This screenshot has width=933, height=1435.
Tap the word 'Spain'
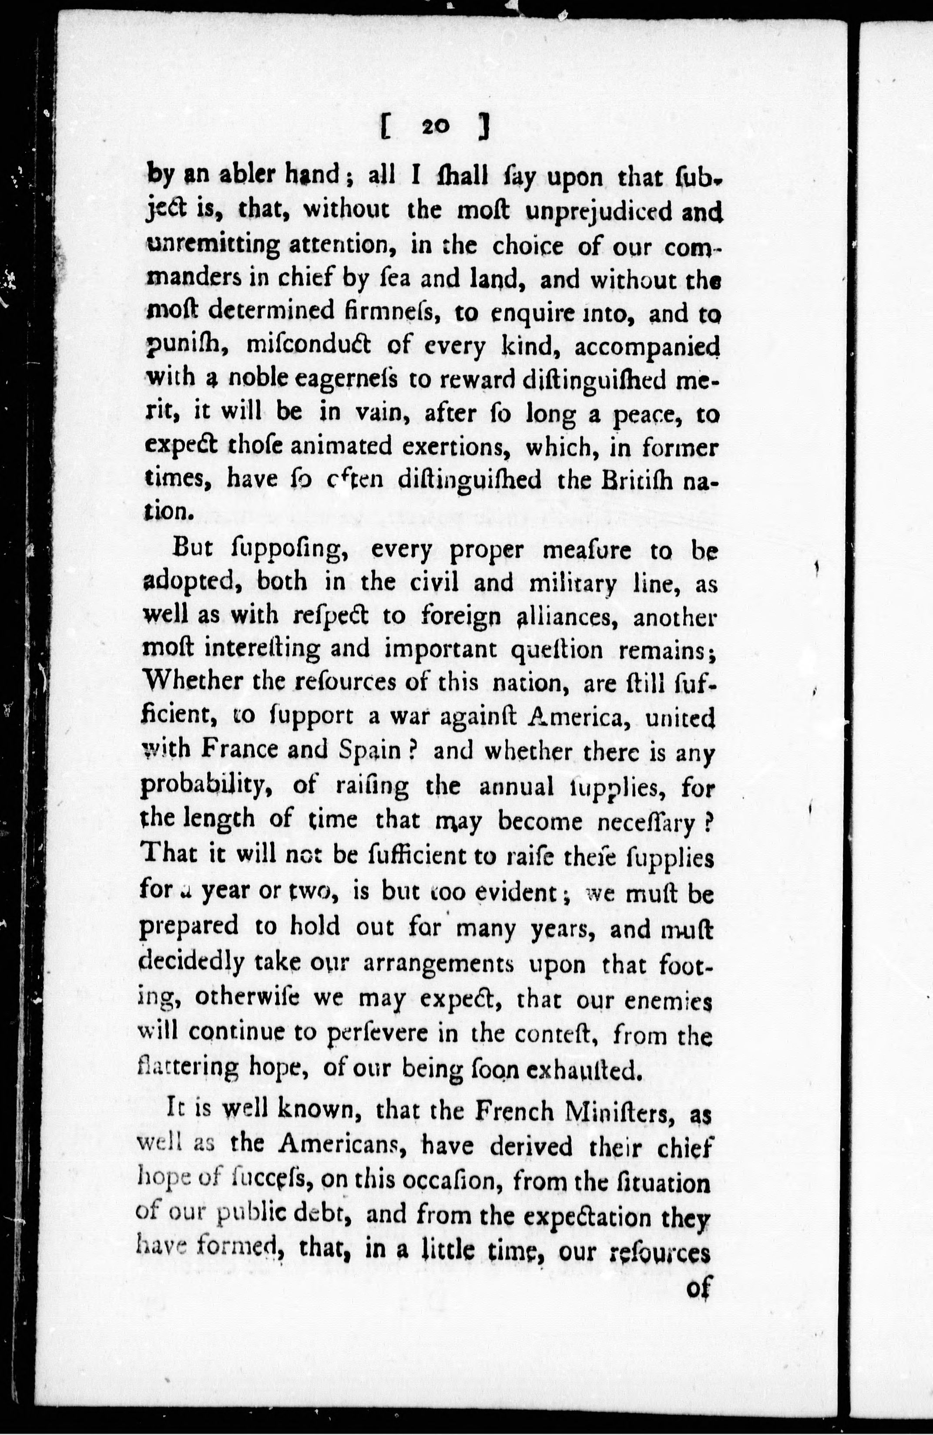coord(369,750)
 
